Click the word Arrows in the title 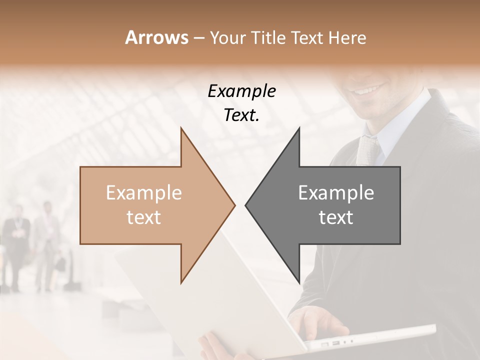pyautogui.click(x=156, y=37)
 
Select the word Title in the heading pyautogui.click(x=268, y=37)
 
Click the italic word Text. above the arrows pyautogui.click(x=241, y=115)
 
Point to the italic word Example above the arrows pyautogui.click(x=241, y=91)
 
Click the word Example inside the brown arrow pyautogui.click(x=144, y=193)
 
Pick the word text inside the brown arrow pyautogui.click(x=144, y=217)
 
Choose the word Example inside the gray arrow pyautogui.click(x=336, y=193)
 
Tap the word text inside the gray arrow pyautogui.click(x=336, y=217)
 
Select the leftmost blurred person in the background pyautogui.click(x=15, y=245)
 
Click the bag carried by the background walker pyautogui.click(x=60, y=263)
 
